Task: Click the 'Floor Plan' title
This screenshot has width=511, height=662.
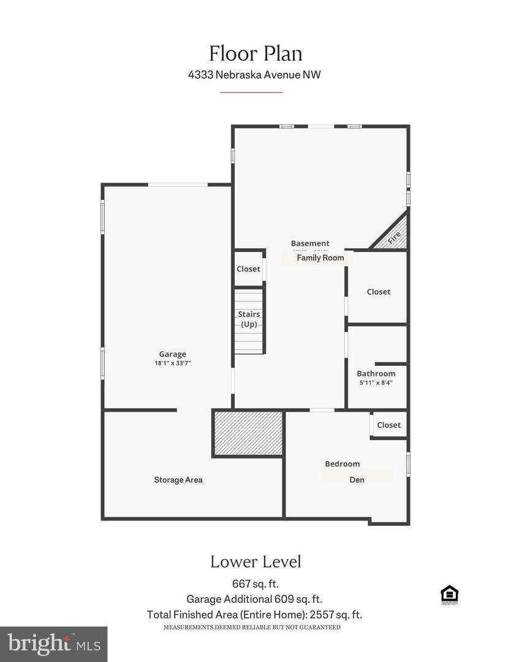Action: click(255, 53)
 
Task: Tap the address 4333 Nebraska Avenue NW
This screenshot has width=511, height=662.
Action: click(255, 75)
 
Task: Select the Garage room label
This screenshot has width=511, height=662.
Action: click(172, 354)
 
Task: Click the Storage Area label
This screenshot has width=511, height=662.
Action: click(178, 479)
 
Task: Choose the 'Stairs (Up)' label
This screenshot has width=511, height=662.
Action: click(249, 319)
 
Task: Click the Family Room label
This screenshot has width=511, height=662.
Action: click(320, 258)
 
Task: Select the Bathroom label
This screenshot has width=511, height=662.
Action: click(376, 373)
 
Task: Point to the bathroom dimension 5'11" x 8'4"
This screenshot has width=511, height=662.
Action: click(375, 382)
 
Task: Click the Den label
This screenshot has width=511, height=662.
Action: click(357, 479)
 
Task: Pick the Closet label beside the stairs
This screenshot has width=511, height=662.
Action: click(248, 269)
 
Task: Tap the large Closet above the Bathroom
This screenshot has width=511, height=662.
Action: click(378, 292)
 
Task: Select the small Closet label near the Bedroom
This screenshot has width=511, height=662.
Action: click(388, 425)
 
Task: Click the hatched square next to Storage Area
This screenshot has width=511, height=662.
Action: click(248, 433)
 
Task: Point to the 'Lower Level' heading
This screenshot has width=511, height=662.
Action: click(255, 561)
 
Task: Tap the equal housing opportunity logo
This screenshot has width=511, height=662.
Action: click(449, 595)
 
